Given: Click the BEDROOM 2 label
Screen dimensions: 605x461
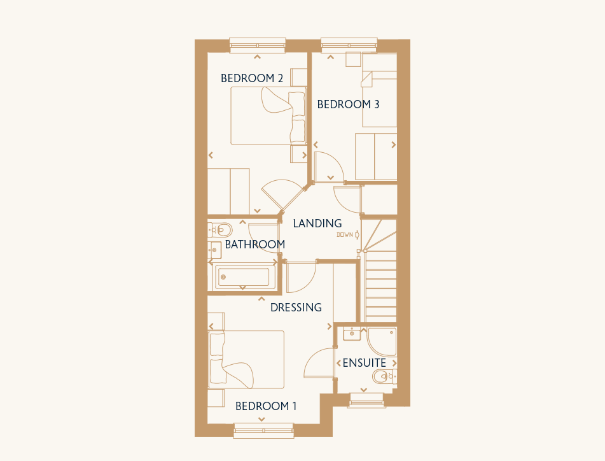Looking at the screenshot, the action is click(x=252, y=78).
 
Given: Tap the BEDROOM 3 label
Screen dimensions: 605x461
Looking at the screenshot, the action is click(x=348, y=104).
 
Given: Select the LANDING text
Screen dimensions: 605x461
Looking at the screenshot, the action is click(x=317, y=223).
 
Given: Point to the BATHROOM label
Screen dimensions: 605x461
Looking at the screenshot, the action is click(x=255, y=245).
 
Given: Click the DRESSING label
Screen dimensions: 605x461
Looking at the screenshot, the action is click(x=296, y=308).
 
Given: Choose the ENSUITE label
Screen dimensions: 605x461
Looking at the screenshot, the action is click(x=365, y=363).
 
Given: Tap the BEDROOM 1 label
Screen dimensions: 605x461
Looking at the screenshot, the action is click(x=266, y=406).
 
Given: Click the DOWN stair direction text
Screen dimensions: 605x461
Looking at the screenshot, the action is click(x=345, y=235).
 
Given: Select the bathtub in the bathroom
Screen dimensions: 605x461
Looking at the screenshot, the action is click(x=243, y=277).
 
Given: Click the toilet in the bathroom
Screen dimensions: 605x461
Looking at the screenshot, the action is click(x=220, y=230).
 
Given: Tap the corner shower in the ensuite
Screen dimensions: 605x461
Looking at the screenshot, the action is click(x=382, y=342).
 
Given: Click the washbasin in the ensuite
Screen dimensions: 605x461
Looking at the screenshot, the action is click(x=352, y=334).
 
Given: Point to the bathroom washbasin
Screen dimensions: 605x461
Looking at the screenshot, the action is click(x=214, y=250).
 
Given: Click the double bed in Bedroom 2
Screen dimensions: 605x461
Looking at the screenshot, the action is click(x=268, y=116).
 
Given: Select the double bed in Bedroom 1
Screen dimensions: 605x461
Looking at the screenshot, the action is click(x=246, y=360).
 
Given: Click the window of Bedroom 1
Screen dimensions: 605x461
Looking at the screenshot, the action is click(x=264, y=430).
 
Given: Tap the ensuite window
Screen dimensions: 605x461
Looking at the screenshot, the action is click(x=367, y=401).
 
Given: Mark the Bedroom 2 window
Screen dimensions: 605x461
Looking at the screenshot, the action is click(x=258, y=45).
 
